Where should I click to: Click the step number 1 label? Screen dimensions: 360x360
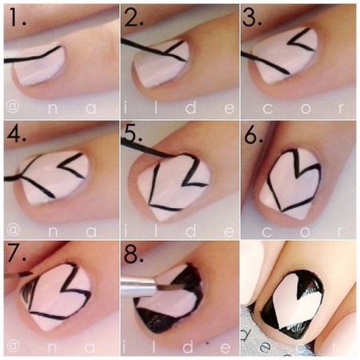pyautogui.click(x=17, y=17)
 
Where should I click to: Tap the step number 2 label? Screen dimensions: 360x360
pyautogui.click(x=134, y=17)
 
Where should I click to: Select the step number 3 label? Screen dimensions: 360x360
pyautogui.click(x=252, y=17)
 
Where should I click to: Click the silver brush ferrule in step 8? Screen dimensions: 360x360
pyautogui.click(x=138, y=286)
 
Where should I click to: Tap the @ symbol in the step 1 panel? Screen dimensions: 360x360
pyautogui.click(x=13, y=108)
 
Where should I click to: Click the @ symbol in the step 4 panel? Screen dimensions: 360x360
pyautogui.click(x=13, y=230)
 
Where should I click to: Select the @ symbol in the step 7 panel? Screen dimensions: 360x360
pyautogui.click(x=13, y=347)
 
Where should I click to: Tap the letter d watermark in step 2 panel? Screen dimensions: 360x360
pyautogui.click(x=190, y=107)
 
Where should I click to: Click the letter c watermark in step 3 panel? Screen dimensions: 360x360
pyautogui.click(x=268, y=108)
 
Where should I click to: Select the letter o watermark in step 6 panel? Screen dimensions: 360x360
pyautogui.click(x=306, y=231)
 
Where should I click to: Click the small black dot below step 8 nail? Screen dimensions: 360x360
pyautogui.click(x=207, y=342)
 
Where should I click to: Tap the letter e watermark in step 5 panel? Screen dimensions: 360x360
pyautogui.click(x=230, y=231)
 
